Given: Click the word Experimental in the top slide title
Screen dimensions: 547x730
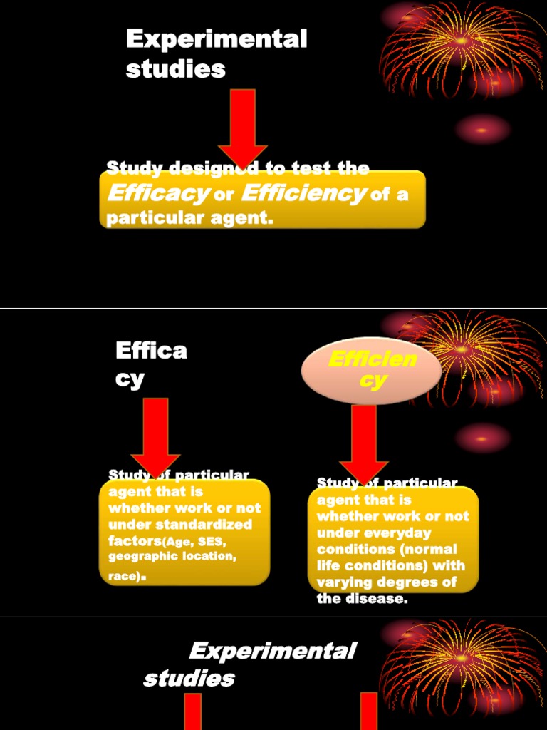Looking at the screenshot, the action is coord(216,39).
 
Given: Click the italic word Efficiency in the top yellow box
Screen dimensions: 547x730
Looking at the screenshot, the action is coord(303,193).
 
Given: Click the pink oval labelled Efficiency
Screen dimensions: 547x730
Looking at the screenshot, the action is coord(371,370).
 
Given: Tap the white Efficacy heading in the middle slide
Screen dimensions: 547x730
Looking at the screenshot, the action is coord(151,364).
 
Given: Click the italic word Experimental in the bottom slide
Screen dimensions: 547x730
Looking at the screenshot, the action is coord(272,651).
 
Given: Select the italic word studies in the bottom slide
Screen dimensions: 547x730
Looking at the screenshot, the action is coord(189,679).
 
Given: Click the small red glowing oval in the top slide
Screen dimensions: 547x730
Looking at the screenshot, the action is coord(482,130).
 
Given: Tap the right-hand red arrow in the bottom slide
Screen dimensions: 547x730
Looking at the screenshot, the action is coord(368,711).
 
